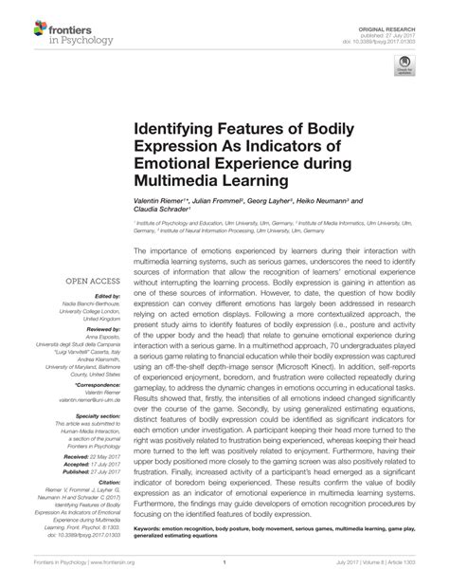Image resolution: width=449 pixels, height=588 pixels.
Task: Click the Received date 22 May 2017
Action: [101, 456]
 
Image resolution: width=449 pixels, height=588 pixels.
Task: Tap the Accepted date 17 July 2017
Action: [101, 465]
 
